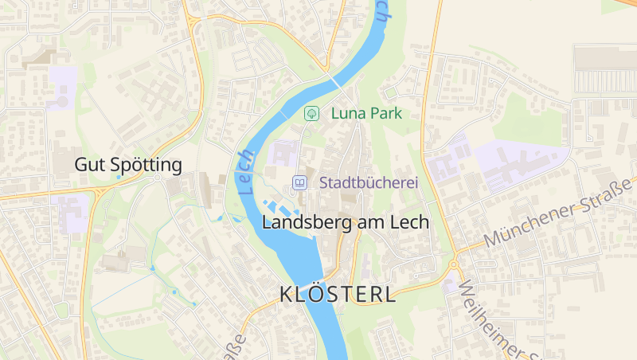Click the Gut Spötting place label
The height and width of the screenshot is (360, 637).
pos(128,165)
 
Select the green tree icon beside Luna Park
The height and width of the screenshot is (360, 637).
pos(311,113)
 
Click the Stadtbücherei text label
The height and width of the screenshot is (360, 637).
pos(369,182)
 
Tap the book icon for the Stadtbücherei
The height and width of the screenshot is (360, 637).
pos(299,182)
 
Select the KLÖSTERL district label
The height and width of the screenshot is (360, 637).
pos(338,294)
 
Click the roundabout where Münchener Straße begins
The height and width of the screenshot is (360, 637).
pos(452,263)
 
